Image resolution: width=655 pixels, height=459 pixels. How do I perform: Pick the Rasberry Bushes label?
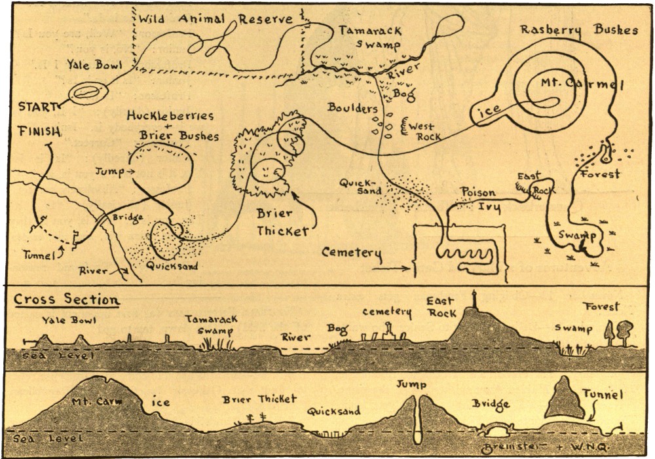pos(578,30)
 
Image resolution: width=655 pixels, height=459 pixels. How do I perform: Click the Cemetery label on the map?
pos(351,252)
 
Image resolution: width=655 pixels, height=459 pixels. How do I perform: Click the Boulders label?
pos(354,107)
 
